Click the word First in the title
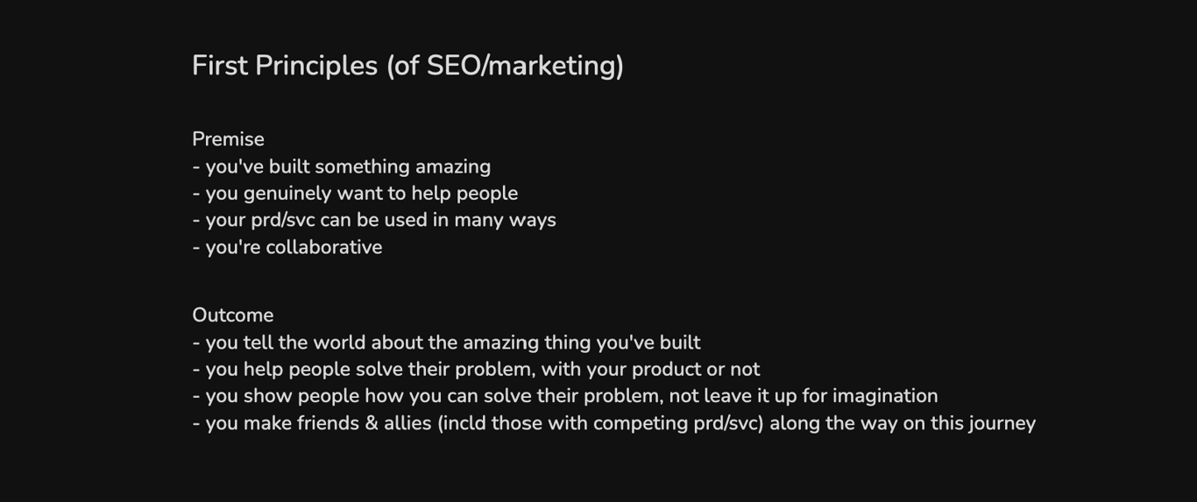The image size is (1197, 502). tap(220, 66)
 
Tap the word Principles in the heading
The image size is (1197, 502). tap(316, 67)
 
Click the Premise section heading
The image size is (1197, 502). tap(228, 139)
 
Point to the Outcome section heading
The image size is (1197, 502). tap(233, 315)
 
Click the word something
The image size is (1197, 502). tap(362, 167)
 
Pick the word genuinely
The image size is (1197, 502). tap(287, 194)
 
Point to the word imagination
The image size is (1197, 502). tap(885, 396)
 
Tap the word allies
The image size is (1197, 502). tap(407, 423)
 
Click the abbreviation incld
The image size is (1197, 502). tap(462, 423)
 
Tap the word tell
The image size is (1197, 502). tap(259, 343)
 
